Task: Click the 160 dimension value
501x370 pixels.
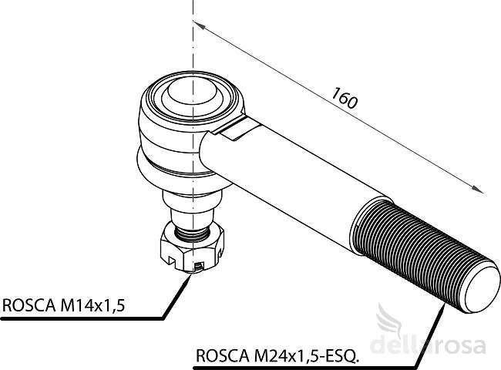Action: tap(344, 98)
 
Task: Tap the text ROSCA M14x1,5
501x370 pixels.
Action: tap(63, 305)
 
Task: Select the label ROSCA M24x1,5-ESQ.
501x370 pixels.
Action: tap(277, 355)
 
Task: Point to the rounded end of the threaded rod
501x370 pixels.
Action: tap(482, 290)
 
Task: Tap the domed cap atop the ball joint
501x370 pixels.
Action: tap(192, 91)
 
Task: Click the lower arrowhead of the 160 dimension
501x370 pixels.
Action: tap(478, 189)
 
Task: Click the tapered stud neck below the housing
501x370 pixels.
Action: tap(192, 207)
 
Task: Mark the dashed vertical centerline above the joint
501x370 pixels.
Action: tap(193, 35)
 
